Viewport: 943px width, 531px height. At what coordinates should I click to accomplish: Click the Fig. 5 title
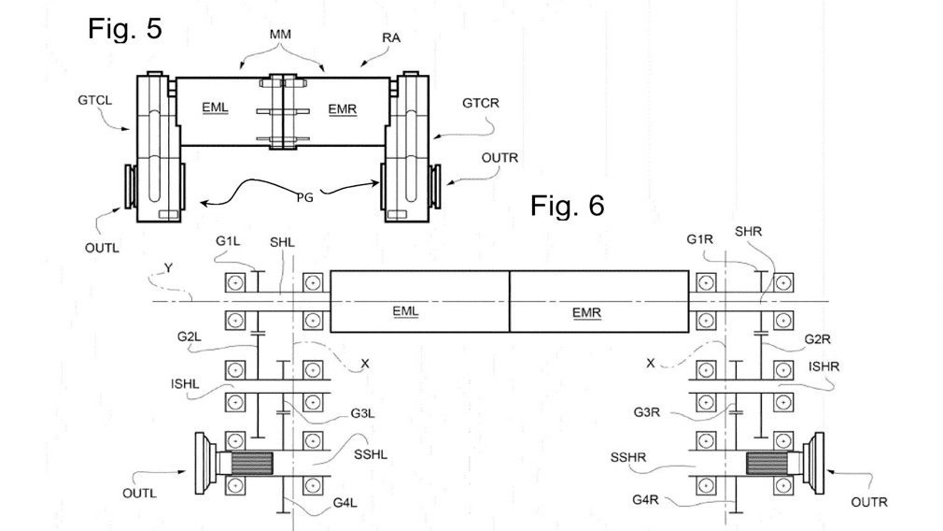click(125, 28)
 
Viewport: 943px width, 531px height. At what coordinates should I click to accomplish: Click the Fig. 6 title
click(567, 206)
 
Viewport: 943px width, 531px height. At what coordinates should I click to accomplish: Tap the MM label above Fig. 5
click(280, 35)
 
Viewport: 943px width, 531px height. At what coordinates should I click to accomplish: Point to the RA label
click(391, 38)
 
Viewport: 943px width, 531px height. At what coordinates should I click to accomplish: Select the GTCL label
click(95, 100)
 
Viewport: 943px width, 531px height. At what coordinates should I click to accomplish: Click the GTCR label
click(481, 103)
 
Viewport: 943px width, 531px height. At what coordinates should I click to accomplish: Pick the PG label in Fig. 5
click(305, 197)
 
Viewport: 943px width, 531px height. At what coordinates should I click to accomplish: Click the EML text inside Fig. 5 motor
click(215, 108)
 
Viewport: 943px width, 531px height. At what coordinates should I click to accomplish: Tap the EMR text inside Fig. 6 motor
click(586, 313)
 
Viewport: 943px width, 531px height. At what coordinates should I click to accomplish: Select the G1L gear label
click(228, 241)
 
